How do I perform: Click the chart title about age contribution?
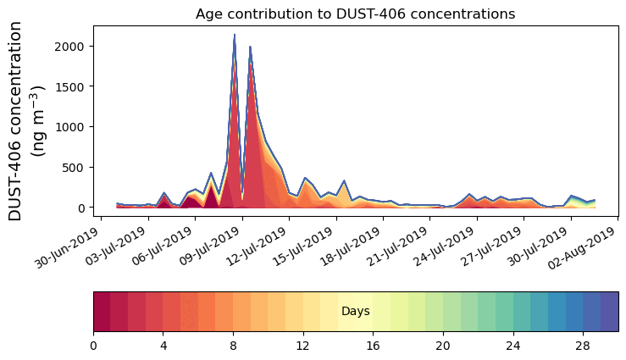[x=355, y=14]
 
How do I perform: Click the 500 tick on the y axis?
[x=75, y=167]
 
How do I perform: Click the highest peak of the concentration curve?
[x=235, y=36]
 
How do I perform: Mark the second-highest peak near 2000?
[x=250, y=47]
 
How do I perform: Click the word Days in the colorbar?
[x=355, y=312]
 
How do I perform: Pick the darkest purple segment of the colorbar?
[x=609, y=312]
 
